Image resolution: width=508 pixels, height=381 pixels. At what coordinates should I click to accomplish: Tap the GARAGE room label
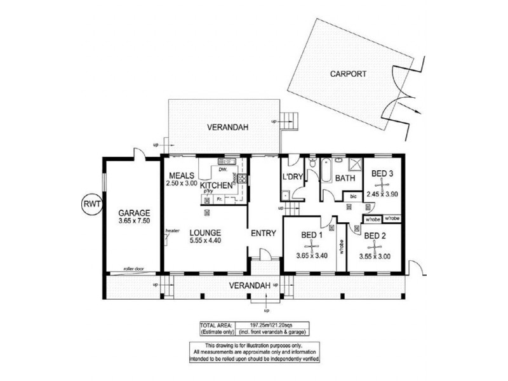[x=133, y=213]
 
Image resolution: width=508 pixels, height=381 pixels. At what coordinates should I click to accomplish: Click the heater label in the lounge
[x=171, y=231]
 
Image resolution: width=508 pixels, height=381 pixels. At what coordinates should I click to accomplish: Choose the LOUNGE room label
[x=204, y=232]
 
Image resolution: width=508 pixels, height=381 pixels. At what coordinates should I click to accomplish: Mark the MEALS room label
[x=182, y=175]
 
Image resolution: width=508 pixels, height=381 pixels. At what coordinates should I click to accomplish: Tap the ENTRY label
[x=263, y=233]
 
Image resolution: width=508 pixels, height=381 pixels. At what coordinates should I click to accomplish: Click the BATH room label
[x=345, y=178]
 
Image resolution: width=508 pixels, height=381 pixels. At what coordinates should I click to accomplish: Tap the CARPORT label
[x=348, y=74]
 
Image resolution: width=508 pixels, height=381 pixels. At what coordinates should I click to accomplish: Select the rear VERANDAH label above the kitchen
[x=227, y=128]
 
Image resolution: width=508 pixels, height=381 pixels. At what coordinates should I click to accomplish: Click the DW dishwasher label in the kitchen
[x=223, y=170]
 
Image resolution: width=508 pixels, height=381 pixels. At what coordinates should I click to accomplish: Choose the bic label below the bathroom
[x=353, y=197]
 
